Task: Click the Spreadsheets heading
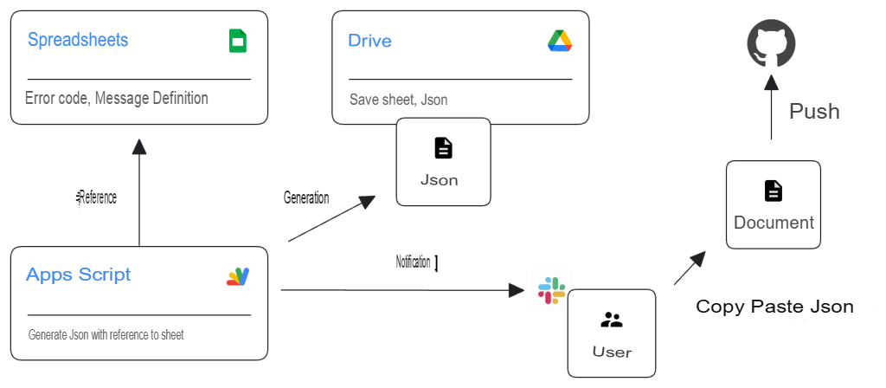(78, 40)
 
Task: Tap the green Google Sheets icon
(238, 41)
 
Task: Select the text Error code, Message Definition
(117, 98)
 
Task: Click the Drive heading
(369, 41)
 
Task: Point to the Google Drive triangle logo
(560, 41)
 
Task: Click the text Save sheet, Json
(398, 100)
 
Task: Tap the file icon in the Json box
(443, 148)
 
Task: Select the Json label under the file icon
(439, 180)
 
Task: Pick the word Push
(814, 112)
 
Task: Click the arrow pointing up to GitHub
(771, 108)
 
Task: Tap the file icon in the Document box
(773, 191)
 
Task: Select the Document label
(774, 223)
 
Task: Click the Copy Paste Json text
(774, 307)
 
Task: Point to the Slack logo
(551, 291)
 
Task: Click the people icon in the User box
(611, 320)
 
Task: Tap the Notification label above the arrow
(414, 262)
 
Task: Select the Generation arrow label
(306, 197)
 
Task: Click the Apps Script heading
(79, 275)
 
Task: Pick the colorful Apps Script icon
(238, 276)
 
